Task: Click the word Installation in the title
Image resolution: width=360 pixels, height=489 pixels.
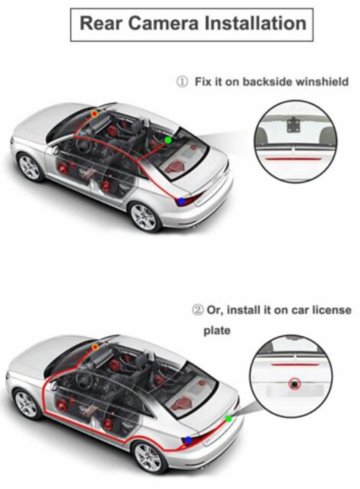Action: point(255,24)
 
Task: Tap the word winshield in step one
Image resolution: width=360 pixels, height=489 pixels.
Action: point(322,82)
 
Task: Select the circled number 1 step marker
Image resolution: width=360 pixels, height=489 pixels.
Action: point(183,82)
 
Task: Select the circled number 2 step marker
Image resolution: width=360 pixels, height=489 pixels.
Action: point(198,310)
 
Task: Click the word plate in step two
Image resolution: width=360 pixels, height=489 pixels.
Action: point(217,331)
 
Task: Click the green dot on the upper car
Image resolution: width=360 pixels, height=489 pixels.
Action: point(168,141)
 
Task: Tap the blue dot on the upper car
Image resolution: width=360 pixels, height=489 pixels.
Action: point(181,201)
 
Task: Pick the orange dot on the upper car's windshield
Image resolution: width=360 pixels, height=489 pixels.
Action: point(94,114)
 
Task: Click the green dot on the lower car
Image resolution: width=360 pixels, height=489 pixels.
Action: point(229,419)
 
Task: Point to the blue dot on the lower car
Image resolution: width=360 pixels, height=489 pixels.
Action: point(188,440)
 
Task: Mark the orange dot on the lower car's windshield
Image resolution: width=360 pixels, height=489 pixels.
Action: point(95,347)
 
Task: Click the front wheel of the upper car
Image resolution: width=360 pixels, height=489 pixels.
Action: point(30,167)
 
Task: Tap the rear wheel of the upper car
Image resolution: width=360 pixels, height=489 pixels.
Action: point(144,217)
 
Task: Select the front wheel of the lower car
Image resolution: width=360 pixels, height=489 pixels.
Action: point(27,404)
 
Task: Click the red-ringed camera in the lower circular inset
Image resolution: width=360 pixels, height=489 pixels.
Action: point(294,384)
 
